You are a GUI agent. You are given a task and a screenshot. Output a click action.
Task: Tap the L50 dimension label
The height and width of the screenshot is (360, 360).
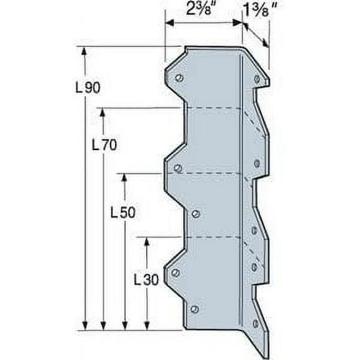[x=122, y=212]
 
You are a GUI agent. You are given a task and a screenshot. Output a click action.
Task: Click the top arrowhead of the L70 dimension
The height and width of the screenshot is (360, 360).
[x=103, y=112]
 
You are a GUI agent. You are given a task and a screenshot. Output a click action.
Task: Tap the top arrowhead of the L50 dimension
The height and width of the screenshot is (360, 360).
[x=124, y=177]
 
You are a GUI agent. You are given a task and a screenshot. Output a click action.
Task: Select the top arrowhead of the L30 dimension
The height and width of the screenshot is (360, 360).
[x=146, y=241]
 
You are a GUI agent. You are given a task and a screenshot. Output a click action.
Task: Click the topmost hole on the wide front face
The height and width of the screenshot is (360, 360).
[x=179, y=78]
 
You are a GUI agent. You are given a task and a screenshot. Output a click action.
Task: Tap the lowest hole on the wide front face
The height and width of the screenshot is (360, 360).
[x=194, y=309]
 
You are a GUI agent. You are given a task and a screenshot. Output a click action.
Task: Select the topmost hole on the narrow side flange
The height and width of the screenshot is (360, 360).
[x=257, y=78]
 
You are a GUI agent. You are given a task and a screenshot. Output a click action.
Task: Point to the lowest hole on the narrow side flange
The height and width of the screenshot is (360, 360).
[x=255, y=323]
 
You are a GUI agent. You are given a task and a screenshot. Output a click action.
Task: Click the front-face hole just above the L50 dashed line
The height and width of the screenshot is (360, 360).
[x=177, y=167]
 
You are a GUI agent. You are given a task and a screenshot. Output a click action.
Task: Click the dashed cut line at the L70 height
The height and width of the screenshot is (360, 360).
[x=212, y=108]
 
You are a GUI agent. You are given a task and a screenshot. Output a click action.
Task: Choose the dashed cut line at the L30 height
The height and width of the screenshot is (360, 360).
[x=212, y=237]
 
